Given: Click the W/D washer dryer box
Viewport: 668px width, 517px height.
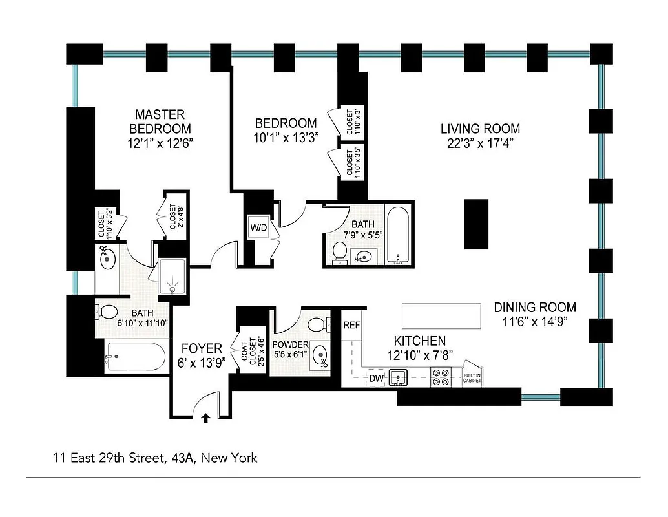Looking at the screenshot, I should click(258, 227).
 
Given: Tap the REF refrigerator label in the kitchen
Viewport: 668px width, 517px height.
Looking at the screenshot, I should click(351, 325).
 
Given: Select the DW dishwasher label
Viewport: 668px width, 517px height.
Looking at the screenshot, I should click(376, 377).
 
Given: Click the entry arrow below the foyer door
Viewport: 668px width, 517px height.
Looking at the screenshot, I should click(206, 418).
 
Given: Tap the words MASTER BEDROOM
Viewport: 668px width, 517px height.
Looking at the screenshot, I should click(160, 121).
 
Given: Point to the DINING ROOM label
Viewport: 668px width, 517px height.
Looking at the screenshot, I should click(535, 308).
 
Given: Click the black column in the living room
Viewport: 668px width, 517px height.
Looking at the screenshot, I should click(477, 224).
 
